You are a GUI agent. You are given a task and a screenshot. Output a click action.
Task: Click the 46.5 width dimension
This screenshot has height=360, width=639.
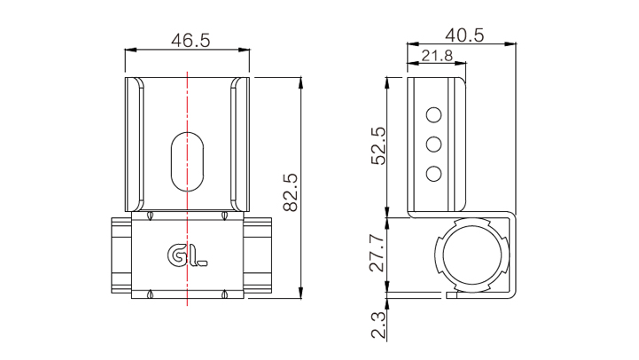pyautogui.click(x=191, y=41)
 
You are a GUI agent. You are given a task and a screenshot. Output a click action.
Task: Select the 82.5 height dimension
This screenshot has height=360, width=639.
pyautogui.click(x=291, y=192)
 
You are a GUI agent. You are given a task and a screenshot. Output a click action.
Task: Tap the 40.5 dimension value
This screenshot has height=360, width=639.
pyautogui.click(x=464, y=35)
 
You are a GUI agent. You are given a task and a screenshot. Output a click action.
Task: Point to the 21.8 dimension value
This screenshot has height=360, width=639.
pyautogui.click(x=437, y=56)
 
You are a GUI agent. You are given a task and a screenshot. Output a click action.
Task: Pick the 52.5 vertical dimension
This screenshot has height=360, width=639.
pyautogui.click(x=378, y=146)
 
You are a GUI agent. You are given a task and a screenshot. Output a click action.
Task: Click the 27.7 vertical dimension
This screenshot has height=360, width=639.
pyautogui.click(x=377, y=254)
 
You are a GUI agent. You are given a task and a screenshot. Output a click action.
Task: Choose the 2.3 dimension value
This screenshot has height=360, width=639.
pyautogui.click(x=378, y=325)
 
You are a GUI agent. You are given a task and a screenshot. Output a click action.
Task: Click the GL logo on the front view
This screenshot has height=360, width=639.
pyautogui.click(x=187, y=255)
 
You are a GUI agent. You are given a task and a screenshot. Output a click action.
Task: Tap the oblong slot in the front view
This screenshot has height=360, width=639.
pyautogui.click(x=187, y=161)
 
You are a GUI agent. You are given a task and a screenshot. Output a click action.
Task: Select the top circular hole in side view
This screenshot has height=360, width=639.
pyautogui.click(x=433, y=115)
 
